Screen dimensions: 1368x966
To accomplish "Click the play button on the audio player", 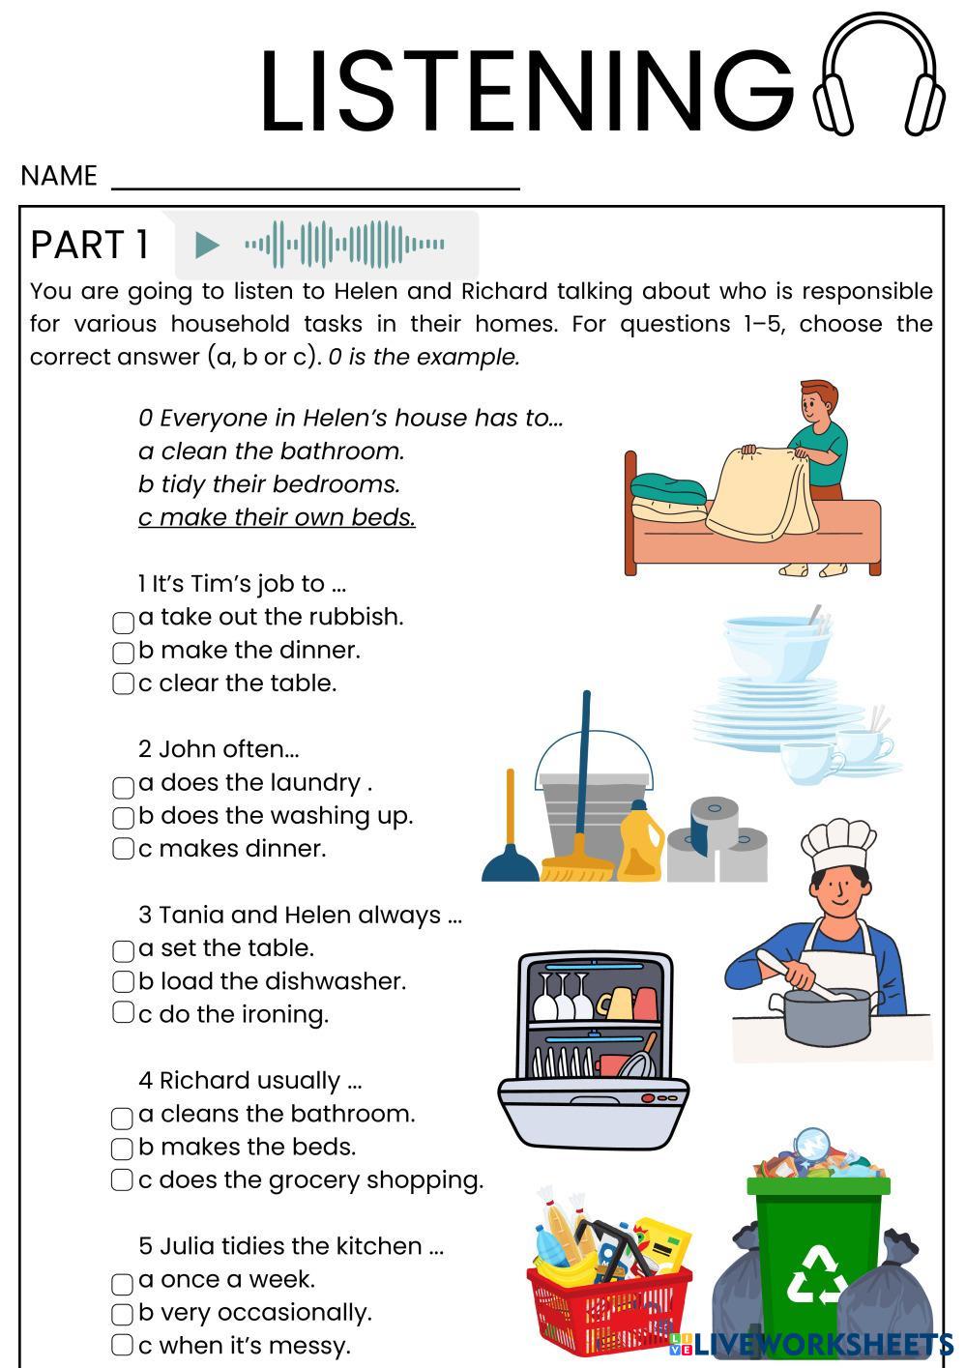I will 206,246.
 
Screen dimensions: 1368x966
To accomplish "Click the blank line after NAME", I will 316,179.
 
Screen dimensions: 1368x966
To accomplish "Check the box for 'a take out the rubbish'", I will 123,622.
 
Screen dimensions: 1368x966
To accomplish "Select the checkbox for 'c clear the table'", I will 123,684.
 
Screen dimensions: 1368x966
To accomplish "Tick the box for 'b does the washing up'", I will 123,818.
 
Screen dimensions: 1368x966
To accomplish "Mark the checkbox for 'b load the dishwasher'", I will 123,982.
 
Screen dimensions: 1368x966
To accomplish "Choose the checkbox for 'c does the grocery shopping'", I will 123,1180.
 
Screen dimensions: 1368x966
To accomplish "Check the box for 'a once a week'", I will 123,1284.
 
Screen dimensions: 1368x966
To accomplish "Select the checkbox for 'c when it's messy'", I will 123,1345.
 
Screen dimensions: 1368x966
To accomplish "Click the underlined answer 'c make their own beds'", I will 277,517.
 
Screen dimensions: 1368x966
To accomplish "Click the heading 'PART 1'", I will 90,245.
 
